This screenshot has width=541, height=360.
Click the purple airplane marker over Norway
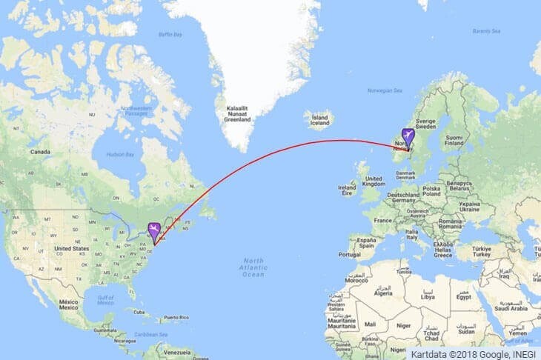pyautogui.click(x=407, y=136)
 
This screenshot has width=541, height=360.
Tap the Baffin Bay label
pyautogui.click(x=170, y=34)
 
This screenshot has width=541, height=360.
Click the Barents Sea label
pyautogui.click(x=486, y=30)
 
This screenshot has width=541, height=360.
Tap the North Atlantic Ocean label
pyautogui.click(x=253, y=267)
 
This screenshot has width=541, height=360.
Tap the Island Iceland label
pyautogui.click(x=320, y=120)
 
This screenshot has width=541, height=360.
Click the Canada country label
pyautogui.click(x=39, y=151)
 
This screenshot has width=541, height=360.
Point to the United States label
pyautogui.click(x=72, y=248)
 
